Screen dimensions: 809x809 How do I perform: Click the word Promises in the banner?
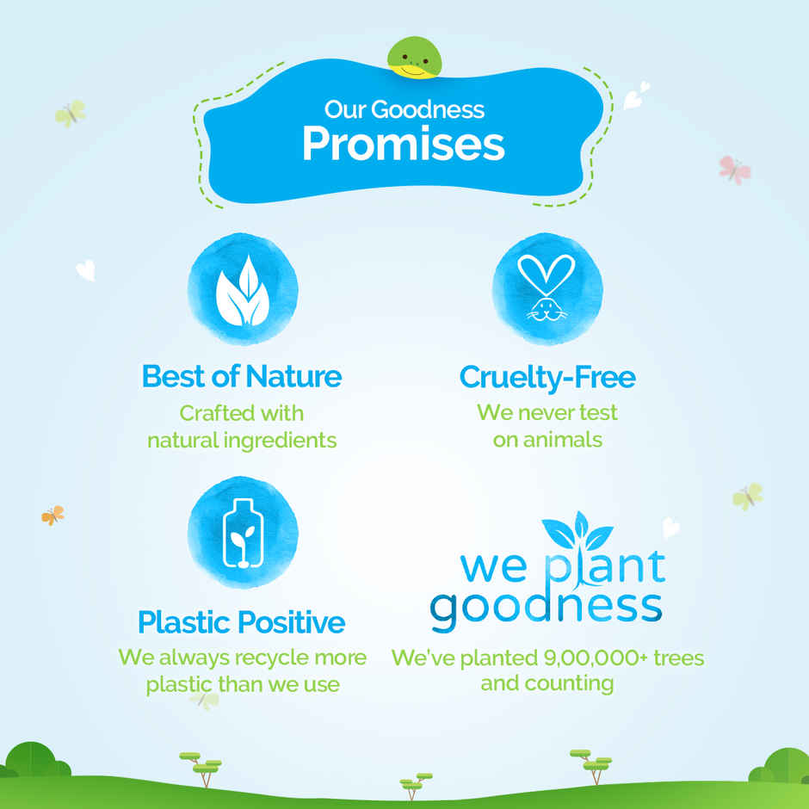[x=403, y=145]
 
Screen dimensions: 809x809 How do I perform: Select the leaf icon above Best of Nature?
[x=243, y=290]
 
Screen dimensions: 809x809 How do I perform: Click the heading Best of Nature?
[x=242, y=376]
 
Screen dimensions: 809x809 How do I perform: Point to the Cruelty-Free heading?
[x=547, y=376]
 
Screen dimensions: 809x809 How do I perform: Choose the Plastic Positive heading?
[x=242, y=621]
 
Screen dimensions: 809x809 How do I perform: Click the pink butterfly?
[x=734, y=170]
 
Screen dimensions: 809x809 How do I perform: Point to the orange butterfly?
[x=52, y=516]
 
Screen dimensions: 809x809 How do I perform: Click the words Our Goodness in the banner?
[x=404, y=110]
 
